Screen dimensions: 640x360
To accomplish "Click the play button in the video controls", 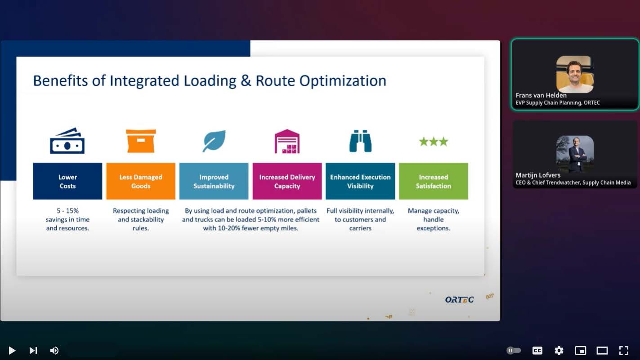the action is click(x=12, y=350).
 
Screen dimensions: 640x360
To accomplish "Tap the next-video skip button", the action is click(x=33, y=350).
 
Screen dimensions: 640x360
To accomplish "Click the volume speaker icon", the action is click(x=54, y=350).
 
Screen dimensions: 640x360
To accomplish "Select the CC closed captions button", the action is click(x=537, y=350).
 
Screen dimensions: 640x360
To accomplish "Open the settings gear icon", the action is click(x=559, y=350).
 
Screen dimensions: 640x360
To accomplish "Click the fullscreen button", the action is click(x=624, y=350).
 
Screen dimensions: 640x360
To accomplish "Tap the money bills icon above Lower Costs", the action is click(x=67, y=141).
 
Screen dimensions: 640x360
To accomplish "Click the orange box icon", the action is click(x=141, y=141).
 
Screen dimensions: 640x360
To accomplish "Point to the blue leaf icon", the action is click(x=214, y=141).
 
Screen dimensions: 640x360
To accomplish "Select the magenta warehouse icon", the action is click(x=287, y=141).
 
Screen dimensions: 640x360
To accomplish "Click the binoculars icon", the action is click(x=360, y=141).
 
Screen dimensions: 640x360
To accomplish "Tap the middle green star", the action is click(x=434, y=141).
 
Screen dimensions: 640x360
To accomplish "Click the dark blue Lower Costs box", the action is click(x=67, y=181).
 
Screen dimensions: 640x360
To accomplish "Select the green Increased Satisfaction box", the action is click(x=434, y=181).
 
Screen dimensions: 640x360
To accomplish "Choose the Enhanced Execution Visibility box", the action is click(x=360, y=181).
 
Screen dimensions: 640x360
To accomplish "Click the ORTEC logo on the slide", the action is click(x=460, y=299).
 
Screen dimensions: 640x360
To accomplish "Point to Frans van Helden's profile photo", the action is click(x=575, y=74).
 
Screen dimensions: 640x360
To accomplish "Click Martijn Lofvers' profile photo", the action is click(x=575, y=154).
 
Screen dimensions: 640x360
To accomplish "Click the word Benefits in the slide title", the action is click(x=60, y=80).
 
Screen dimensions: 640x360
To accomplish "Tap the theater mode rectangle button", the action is click(x=602, y=350).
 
